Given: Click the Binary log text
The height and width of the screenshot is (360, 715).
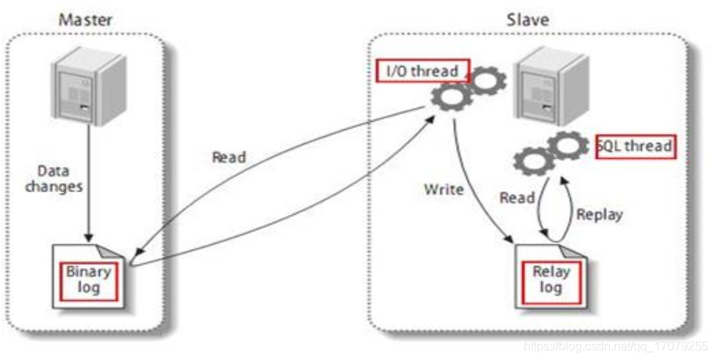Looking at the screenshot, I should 88,280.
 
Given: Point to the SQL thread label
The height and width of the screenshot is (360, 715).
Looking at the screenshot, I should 636,145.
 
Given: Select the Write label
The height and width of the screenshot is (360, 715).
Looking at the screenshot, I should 443,189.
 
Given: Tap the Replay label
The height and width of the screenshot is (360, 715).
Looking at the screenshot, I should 599,214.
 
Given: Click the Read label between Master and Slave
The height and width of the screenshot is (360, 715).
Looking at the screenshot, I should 228,157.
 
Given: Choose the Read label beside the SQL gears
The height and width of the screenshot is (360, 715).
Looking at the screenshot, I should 517,198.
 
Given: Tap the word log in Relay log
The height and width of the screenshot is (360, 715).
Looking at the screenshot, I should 550,289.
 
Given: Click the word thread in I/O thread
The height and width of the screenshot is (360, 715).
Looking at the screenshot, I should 436,71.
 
